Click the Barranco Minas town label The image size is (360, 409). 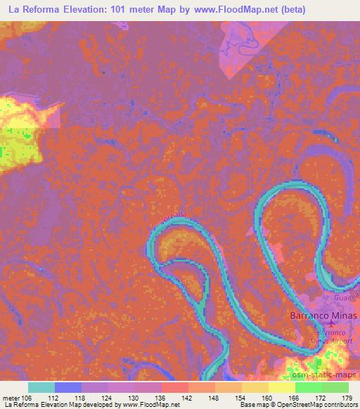323,316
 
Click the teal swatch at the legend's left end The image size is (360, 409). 41,387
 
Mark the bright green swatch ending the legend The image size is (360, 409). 335,387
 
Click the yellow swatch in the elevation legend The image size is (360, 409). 281,387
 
